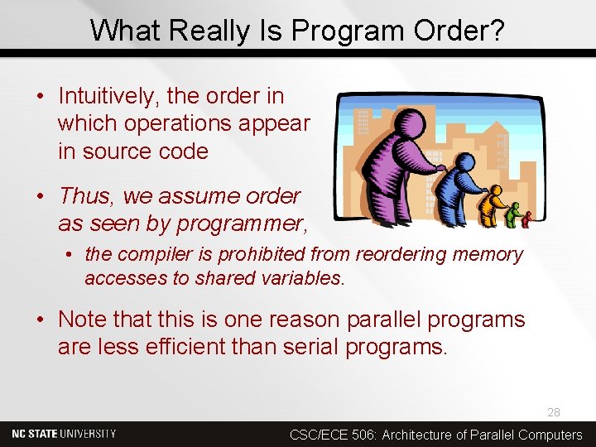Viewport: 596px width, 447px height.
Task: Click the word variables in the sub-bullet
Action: (x=300, y=279)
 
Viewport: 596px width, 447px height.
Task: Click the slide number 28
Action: (x=553, y=412)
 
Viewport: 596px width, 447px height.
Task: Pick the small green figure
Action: (x=514, y=215)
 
